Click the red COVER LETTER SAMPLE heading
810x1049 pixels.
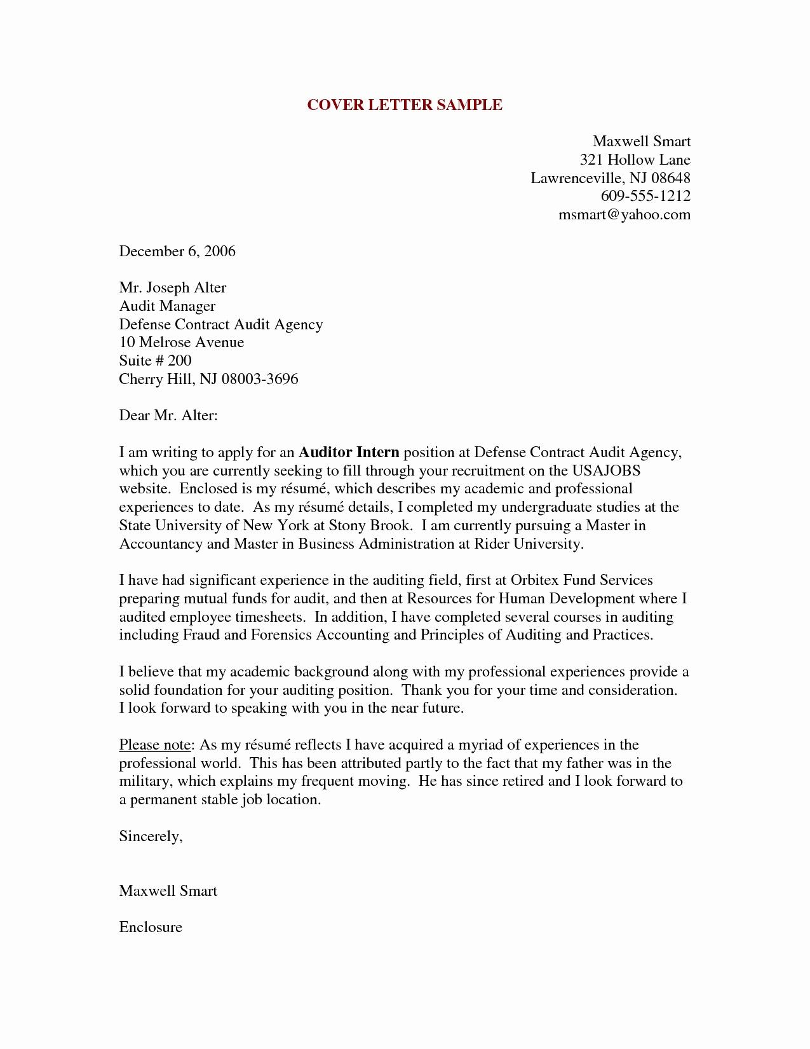[405, 106]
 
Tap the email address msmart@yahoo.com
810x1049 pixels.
[624, 214]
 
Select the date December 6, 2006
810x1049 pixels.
[177, 251]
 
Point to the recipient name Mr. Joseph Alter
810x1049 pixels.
[173, 287]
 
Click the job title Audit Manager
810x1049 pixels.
[168, 306]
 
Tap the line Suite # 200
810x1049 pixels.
[155, 360]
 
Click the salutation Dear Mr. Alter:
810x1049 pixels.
[168, 416]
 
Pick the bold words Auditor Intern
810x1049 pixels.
[349, 453]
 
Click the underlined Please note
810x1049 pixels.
[155, 745]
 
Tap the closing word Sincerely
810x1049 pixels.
[151, 837]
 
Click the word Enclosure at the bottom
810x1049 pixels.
[151, 928]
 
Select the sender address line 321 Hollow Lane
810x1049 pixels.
[635, 160]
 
